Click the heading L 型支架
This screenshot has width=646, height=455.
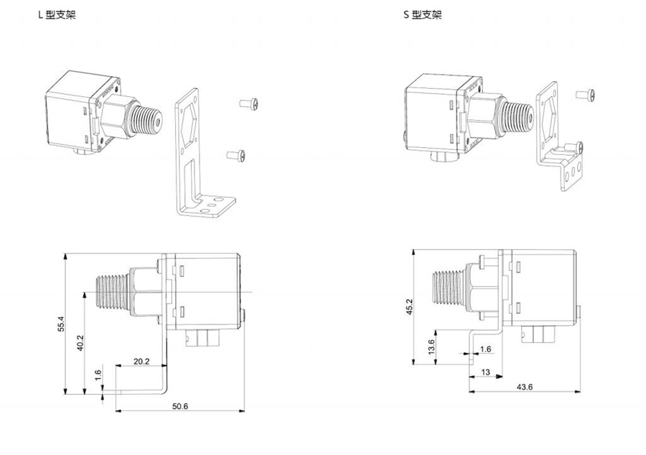(57, 15)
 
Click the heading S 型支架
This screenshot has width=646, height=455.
(422, 15)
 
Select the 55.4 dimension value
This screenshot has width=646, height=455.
(62, 324)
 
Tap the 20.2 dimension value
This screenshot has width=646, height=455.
(141, 362)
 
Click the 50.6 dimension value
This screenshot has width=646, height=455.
(180, 406)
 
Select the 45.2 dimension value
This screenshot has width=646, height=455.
(410, 307)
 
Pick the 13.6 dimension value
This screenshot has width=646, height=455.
(431, 347)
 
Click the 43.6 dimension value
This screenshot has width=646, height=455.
(525, 387)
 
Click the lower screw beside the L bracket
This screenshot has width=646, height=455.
(235, 154)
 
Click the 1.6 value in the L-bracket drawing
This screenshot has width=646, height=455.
(98, 376)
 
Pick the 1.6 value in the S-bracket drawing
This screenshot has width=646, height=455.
(485, 350)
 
